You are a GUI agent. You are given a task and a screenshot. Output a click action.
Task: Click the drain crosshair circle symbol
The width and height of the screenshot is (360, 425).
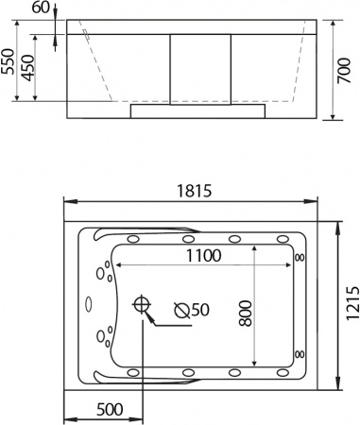(x=143, y=305)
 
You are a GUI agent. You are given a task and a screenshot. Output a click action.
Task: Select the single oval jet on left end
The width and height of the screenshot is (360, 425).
(x=88, y=305)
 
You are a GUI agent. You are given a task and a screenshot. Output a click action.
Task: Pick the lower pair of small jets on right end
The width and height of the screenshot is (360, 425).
(x=300, y=353)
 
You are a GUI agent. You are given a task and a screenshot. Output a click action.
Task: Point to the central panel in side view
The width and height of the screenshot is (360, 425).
(x=199, y=66)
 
